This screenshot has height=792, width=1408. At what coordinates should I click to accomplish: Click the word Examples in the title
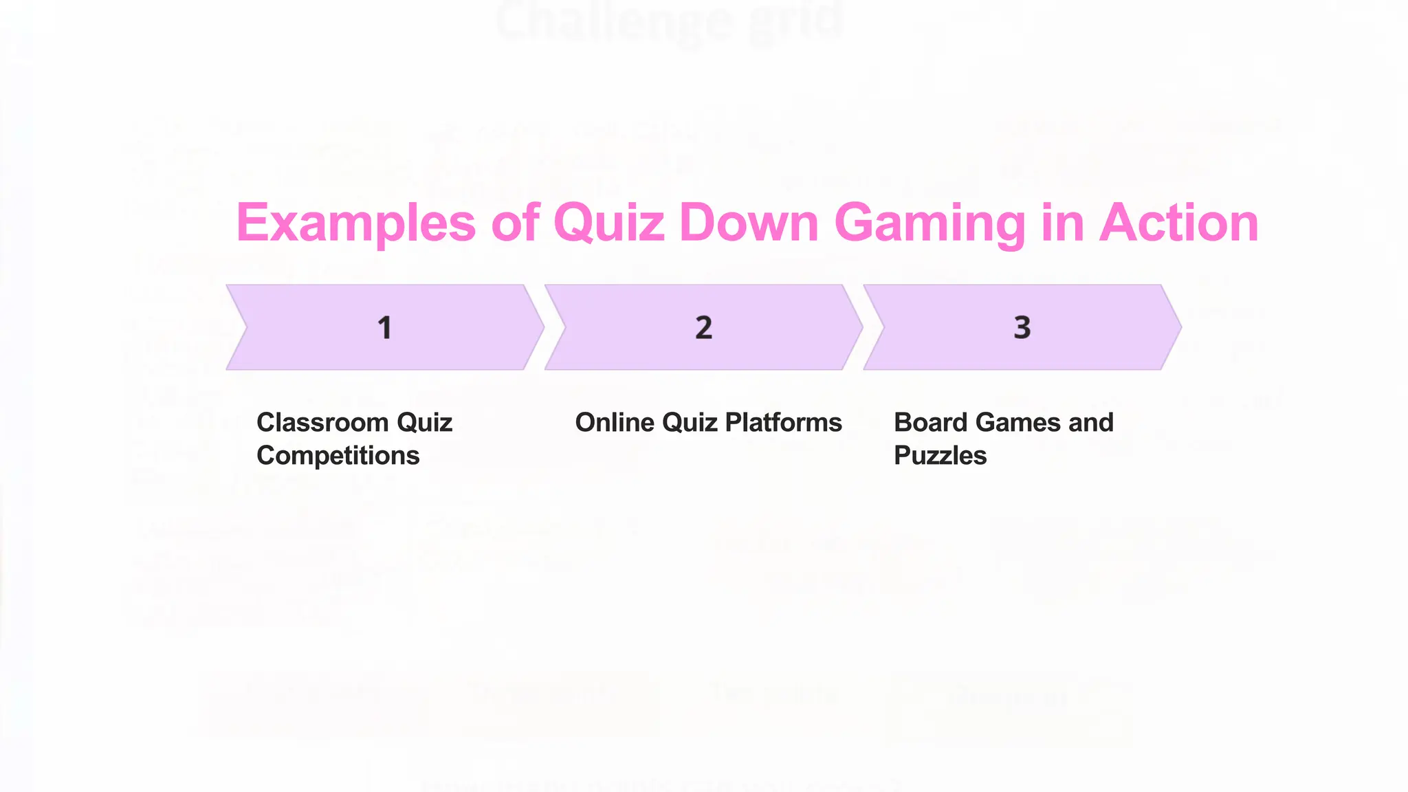pyautogui.click(x=355, y=223)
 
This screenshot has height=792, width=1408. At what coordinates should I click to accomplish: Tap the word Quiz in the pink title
pyautogui.click(x=609, y=223)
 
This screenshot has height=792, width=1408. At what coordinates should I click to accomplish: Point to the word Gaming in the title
pyautogui.click(x=929, y=223)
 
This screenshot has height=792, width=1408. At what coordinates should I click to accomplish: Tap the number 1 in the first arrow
pyautogui.click(x=385, y=328)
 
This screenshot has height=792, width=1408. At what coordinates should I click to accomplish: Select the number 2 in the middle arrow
pyautogui.click(x=703, y=328)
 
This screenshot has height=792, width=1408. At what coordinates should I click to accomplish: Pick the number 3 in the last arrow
pyautogui.click(x=1022, y=328)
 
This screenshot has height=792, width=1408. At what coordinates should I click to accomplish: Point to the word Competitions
pyautogui.click(x=338, y=455)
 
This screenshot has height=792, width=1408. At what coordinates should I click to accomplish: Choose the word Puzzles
pyautogui.click(x=940, y=455)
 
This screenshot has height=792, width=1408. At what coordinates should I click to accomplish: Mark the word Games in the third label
pyautogui.click(x=1014, y=422)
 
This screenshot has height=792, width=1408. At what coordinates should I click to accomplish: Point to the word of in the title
pyautogui.click(x=515, y=223)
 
